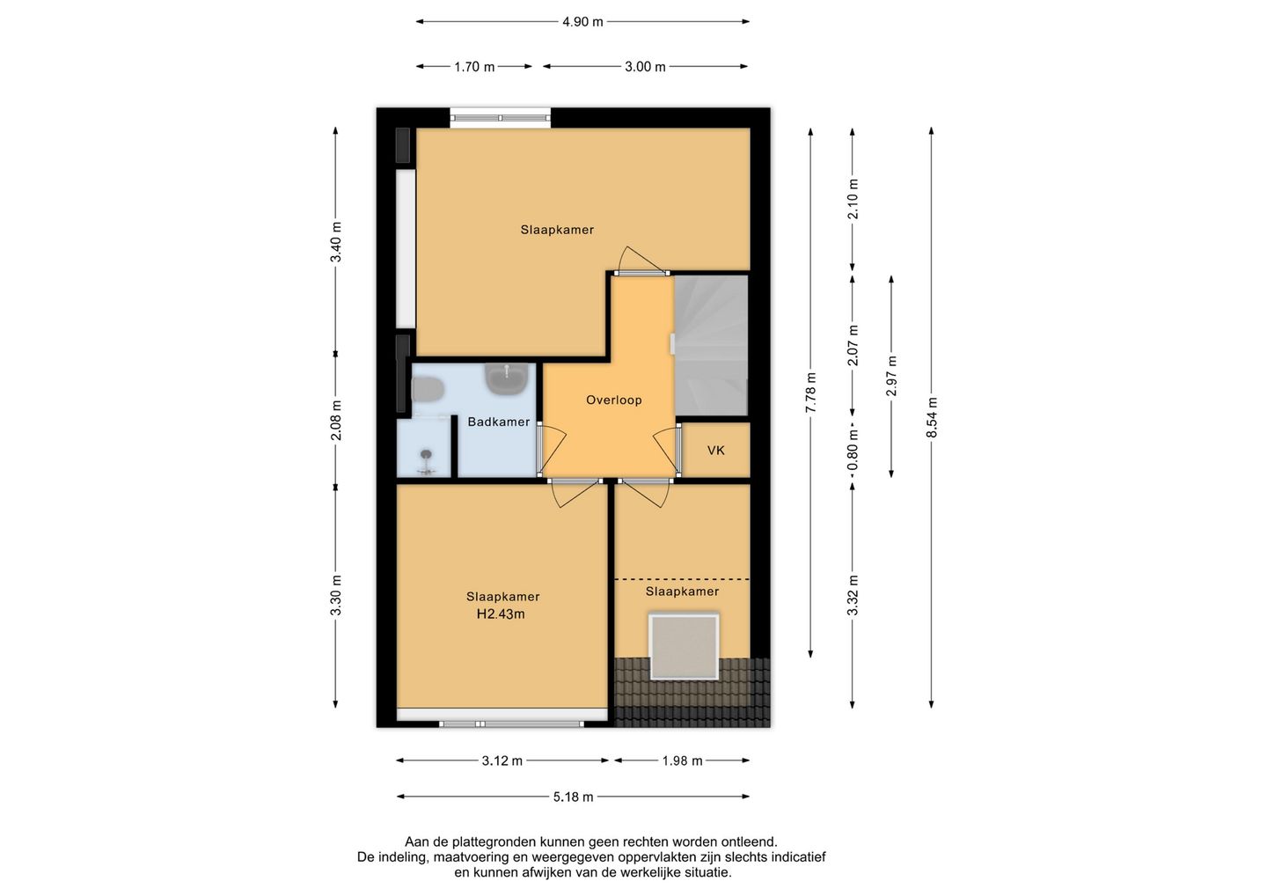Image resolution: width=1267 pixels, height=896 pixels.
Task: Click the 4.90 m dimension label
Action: [x=582, y=22]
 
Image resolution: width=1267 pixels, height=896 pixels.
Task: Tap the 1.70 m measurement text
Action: [x=474, y=67]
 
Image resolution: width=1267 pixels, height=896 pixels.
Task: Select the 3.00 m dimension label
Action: [x=645, y=67]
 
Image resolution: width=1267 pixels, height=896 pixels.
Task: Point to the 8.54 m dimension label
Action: [x=932, y=417]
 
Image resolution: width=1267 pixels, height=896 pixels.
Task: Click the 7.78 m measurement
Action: [x=810, y=392]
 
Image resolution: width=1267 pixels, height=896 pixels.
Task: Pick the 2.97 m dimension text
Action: [x=891, y=376]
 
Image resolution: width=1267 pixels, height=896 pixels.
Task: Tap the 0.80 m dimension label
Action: [x=853, y=449]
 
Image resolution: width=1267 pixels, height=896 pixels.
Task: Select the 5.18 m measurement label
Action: [x=573, y=797]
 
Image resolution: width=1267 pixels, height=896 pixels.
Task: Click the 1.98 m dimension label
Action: [x=682, y=760]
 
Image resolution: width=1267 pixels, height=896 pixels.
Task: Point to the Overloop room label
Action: [x=614, y=400]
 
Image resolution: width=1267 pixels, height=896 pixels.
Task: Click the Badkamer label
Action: [x=498, y=422]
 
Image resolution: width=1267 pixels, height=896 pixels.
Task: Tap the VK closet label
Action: [x=715, y=451]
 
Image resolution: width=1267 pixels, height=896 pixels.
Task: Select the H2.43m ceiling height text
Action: [x=501, y=614]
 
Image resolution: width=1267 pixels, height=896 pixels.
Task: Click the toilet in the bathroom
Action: [x=428, y=390]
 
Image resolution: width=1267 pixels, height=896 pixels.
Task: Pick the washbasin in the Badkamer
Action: [x=507, y=378]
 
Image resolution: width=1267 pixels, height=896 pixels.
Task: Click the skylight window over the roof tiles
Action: [x=684, y=647]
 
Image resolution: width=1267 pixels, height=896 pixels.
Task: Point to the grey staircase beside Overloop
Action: [x=711, y=345]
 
